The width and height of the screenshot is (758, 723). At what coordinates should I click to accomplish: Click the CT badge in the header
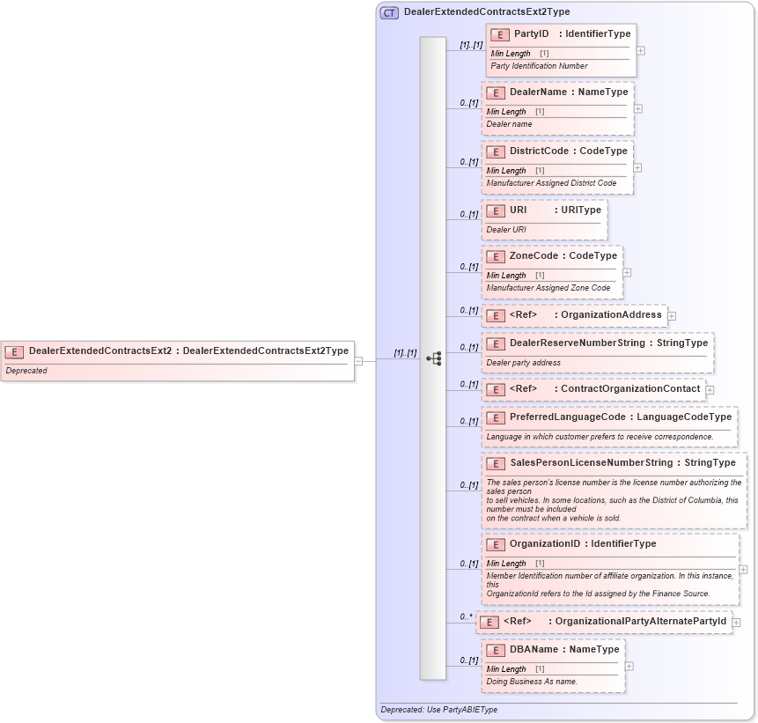coord(389,12)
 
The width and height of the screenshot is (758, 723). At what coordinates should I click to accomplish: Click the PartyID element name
coord(532,34)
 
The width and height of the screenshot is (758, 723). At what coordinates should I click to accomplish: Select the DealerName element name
coord(538,92)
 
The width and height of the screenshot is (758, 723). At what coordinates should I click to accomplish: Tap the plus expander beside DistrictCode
coord(637,167)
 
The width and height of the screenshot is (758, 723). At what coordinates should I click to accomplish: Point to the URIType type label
coord(581,210)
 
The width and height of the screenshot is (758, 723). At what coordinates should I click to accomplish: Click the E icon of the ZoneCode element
coord(496,256)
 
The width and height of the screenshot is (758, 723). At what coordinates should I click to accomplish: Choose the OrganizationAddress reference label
coord(611,315)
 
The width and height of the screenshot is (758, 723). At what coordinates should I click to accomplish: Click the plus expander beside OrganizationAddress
coord(672,315)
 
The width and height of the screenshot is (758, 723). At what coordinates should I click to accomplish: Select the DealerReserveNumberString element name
coord(577,343)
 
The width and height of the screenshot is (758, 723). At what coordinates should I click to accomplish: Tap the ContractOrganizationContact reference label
coord(630,389)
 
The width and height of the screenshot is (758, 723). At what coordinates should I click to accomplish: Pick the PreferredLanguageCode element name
coord(568,417)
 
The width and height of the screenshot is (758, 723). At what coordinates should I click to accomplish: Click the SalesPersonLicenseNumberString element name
coord(584,463)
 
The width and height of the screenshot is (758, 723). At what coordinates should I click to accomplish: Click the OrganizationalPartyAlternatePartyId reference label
coord(641,622)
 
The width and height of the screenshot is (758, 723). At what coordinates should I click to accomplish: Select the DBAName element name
coord(534,650)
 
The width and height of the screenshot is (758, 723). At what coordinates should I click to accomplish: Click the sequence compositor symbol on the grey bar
coord(433,358)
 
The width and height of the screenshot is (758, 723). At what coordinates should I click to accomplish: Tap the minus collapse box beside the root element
coord(359,359)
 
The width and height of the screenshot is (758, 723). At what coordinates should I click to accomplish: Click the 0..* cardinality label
coord(466,616)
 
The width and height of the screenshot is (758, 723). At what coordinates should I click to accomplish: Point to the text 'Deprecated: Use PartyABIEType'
coord(438,710)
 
